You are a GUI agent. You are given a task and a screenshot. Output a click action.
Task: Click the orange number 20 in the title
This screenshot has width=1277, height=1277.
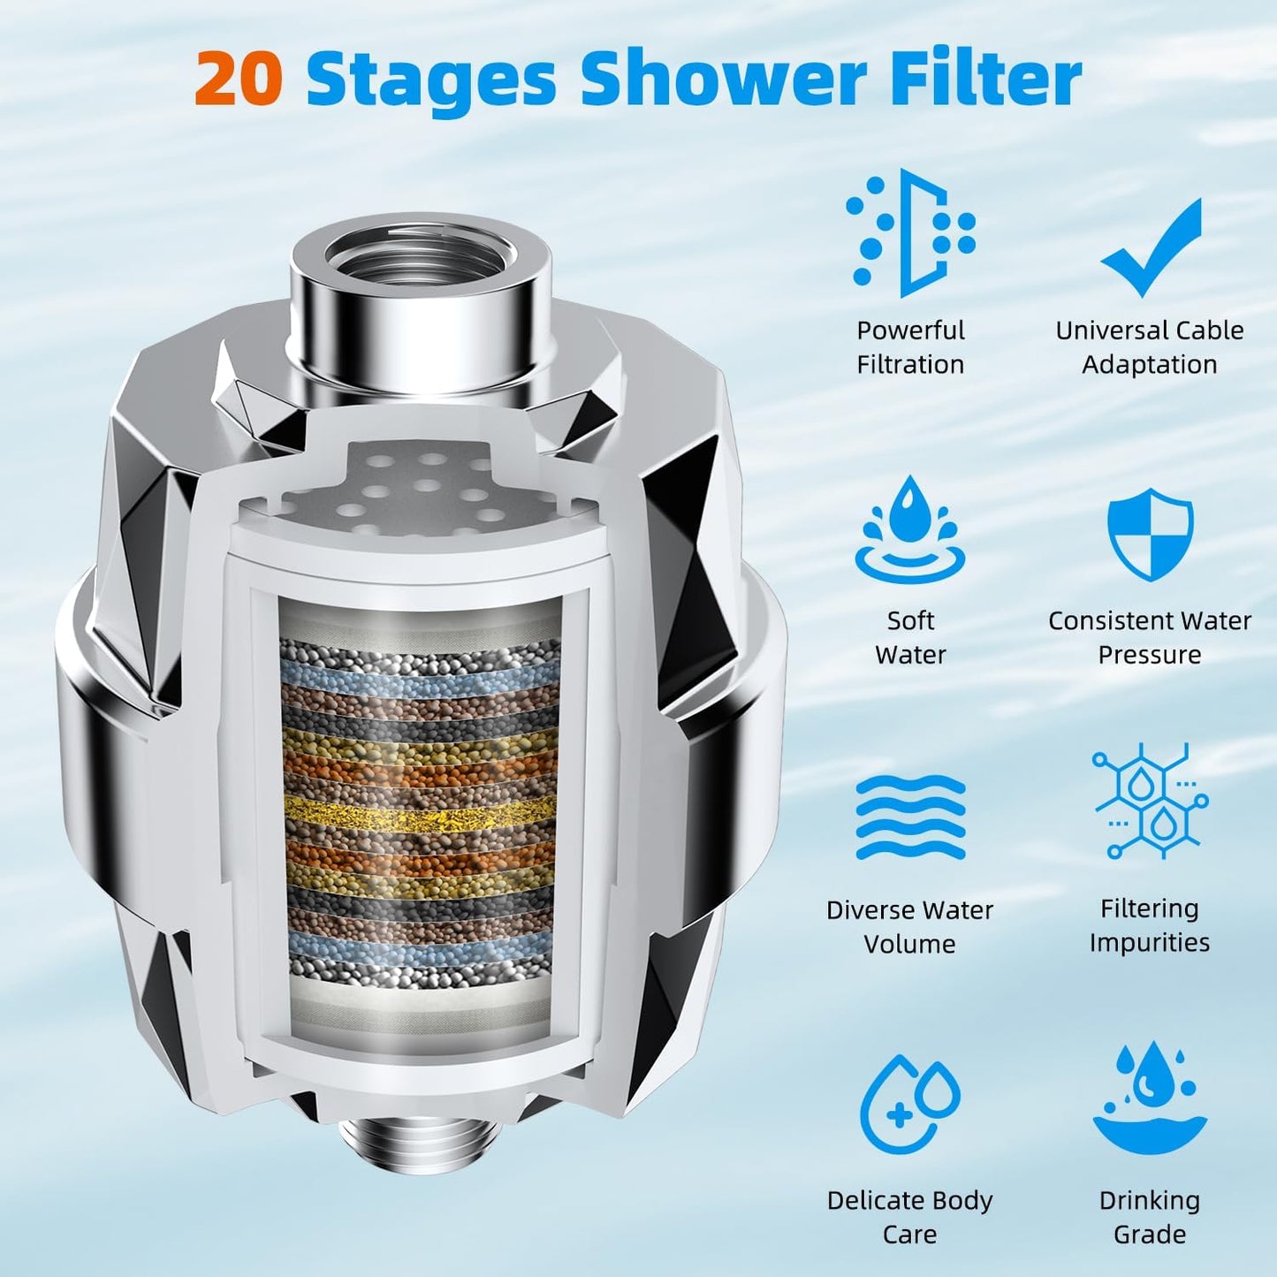click(239, 80)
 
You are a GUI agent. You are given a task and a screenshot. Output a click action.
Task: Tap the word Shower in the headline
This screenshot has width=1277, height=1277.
click(723, 80)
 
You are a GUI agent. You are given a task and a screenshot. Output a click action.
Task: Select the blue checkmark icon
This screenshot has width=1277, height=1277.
click(1152, 247)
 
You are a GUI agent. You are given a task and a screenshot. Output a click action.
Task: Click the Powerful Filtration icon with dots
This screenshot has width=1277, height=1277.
click(910, 232)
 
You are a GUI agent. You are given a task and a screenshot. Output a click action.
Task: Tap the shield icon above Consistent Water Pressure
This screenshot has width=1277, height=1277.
click(1150, 534)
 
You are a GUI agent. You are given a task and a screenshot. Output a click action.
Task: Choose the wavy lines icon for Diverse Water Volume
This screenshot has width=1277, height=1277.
click(910, 817)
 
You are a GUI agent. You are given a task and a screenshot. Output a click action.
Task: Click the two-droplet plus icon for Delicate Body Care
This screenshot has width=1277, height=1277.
click(910, 1105)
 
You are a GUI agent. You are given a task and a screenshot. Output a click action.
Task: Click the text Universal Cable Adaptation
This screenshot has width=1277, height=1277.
click(1150, 347)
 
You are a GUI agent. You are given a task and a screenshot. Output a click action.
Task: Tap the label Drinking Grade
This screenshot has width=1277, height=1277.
click(1150, 1217)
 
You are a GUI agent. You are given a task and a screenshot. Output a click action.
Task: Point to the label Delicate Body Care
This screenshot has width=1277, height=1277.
click(910, 1217)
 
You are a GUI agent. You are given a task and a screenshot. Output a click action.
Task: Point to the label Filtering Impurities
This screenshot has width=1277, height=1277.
click(1150, 925)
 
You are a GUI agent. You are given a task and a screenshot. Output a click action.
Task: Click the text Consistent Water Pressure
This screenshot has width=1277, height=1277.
click(1150, 637)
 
